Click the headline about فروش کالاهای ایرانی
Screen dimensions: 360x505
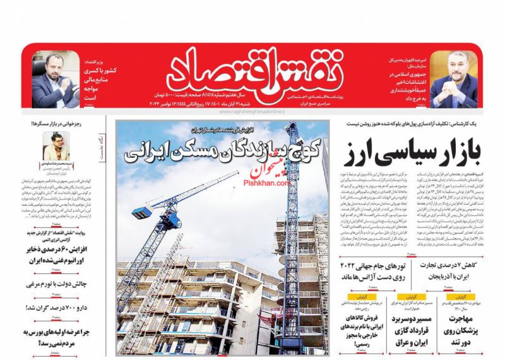point(358,328)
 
